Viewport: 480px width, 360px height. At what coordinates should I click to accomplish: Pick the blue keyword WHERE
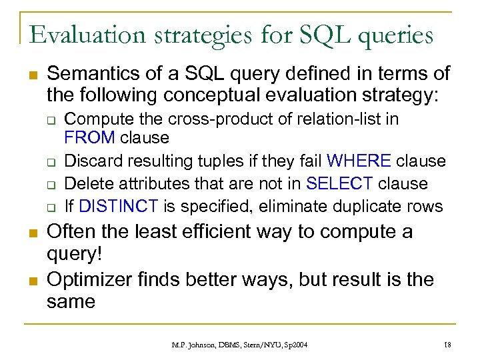359,161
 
